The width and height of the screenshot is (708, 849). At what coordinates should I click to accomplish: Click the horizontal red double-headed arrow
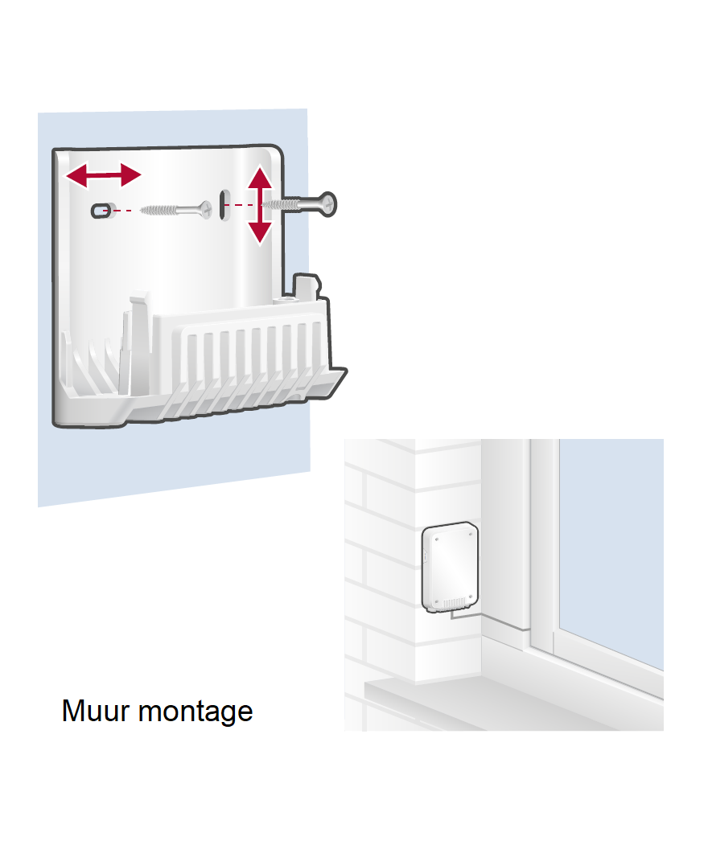coord(103,175)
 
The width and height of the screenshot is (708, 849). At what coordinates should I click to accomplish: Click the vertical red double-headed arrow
coord(260,205)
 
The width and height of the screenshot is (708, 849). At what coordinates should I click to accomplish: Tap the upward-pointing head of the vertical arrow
coord(260,177)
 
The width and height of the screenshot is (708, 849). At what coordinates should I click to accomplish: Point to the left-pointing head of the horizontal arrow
coord(76,175)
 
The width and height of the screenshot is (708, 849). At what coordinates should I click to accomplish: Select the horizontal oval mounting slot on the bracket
coord(101,210)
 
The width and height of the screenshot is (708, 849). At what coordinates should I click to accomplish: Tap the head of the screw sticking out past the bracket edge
coord(327,205)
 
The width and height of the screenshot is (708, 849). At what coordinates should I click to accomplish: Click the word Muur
coord(96,711)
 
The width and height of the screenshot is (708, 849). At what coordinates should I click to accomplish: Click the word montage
coord(196,712)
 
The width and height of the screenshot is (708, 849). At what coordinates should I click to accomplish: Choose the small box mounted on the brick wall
coord(451,567)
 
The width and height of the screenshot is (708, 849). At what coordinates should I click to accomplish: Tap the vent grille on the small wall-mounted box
coord(454,603)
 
